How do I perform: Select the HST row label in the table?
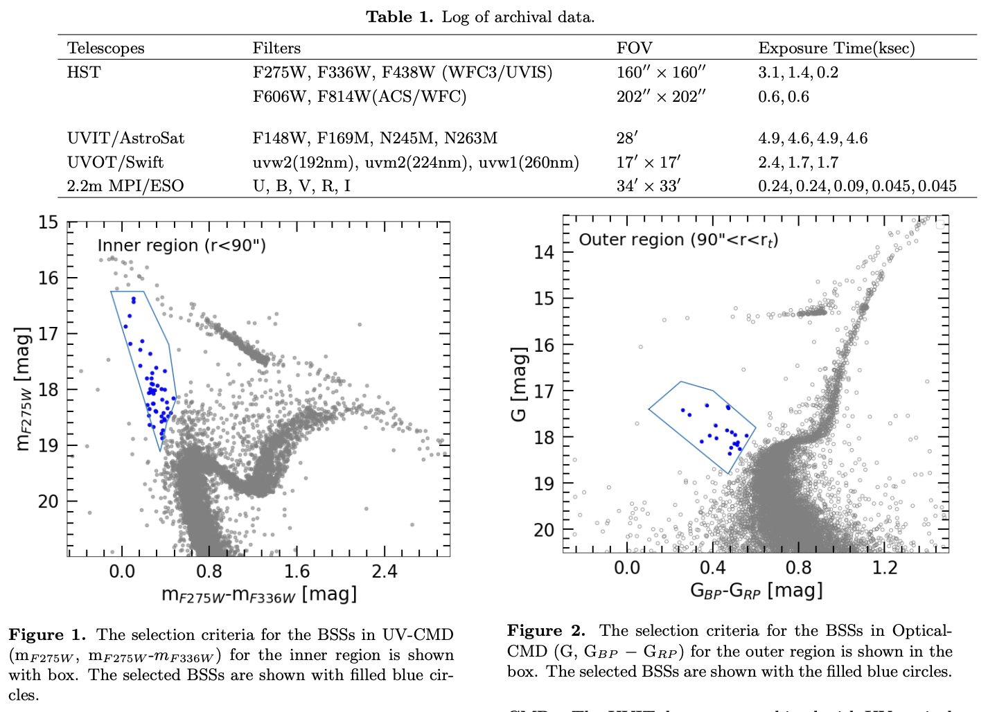point(83,72)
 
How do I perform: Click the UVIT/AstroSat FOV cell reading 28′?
point(626,138)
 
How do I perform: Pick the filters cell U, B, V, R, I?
point(301,186)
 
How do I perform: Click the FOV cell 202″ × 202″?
point(660,96)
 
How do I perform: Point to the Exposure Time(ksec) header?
point(836,48)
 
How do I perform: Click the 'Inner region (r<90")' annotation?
point(182,245)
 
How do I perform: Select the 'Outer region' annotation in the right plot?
point(678,240)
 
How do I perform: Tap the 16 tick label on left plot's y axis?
point(48,278)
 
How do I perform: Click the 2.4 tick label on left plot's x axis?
point(384,571)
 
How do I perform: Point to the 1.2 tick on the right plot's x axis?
point(884,568)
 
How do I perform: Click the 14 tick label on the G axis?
point(544,252)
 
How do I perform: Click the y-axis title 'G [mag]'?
point(519,384)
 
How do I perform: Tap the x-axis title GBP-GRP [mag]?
point(756,591)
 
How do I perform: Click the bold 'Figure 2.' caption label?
point(546,630)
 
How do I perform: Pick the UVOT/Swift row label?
point(115,162)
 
